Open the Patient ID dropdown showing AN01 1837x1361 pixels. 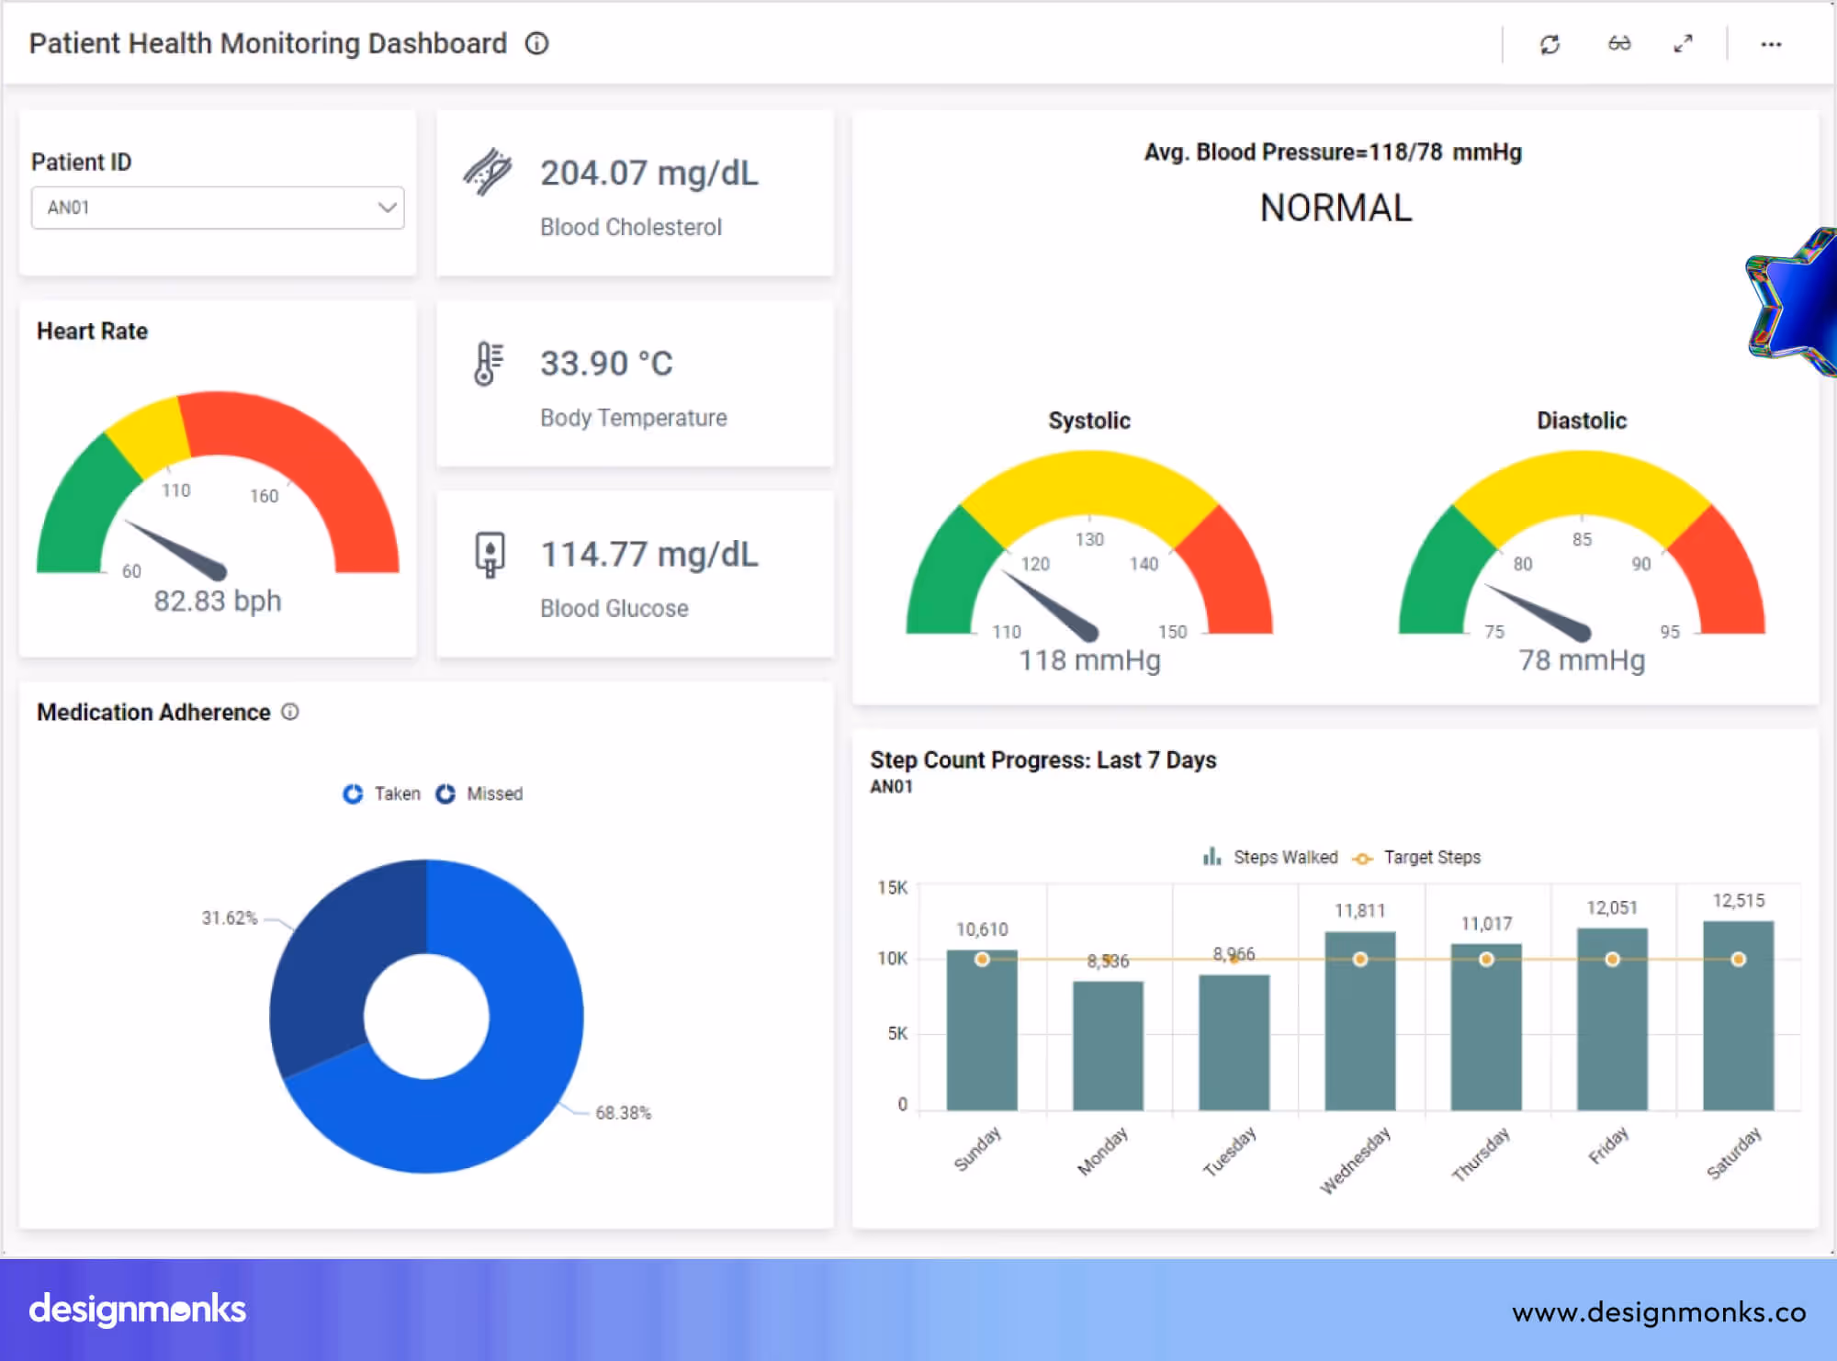point(218,208)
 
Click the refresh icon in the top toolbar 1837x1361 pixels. point(1550,44)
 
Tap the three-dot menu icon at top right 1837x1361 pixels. point(1771,44)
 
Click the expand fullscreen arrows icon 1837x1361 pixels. point(1683,44)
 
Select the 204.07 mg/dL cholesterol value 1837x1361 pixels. point(648,173)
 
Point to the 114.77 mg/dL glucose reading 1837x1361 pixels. point(648,555)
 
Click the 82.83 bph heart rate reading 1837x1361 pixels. point(218,601)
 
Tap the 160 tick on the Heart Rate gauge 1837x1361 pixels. point(265,496)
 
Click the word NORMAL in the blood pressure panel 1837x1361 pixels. point(1335,208)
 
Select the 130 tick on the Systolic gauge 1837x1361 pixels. point(1089,539)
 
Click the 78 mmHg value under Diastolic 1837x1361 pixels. point(1581,659)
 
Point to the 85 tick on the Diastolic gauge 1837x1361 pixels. point(1582,539)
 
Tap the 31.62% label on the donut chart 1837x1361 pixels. point(230,917)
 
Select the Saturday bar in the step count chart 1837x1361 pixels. point(1738,1019)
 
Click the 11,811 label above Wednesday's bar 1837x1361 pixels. point(1359,910)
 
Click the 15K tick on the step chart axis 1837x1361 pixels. point(892,887)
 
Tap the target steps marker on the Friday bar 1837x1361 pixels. point(1612,959)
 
